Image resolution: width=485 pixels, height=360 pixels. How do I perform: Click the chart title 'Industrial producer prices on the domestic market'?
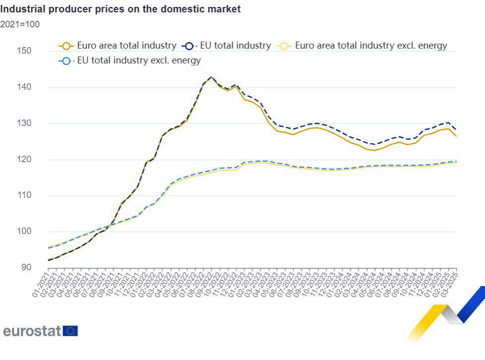coord(121,9)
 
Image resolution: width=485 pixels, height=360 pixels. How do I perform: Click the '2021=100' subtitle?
coord(20,24)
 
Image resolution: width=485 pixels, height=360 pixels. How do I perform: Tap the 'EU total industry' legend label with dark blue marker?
coord(236,46)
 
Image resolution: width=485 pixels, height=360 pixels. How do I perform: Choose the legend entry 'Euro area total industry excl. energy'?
coord(371,46)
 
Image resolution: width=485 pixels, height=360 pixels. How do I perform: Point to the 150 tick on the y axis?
coord(24,51)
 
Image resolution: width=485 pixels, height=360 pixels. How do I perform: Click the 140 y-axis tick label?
coord(24,87)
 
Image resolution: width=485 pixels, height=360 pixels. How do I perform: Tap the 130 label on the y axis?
coord(24,123)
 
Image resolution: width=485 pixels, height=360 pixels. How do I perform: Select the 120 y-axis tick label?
coord(24,160)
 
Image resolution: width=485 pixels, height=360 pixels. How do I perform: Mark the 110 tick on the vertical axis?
coord(24,195)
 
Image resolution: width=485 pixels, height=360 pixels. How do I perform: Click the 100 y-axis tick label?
coord(24,232)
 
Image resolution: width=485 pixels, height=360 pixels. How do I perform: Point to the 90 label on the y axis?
coord(25,268)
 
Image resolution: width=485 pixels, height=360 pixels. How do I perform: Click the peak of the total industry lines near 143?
coord(211,77)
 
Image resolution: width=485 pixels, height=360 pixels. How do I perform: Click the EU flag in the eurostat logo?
coord(70,331)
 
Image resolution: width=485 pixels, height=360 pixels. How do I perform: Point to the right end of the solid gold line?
coord(456,136)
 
